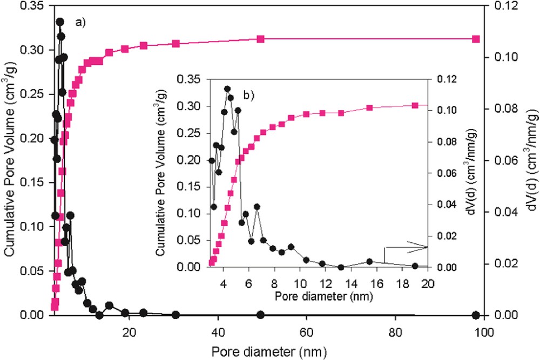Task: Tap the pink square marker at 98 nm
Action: (476, 39)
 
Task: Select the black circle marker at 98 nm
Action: (476, 315)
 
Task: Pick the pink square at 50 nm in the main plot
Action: (260, 39)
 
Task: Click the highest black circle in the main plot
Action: (60, 22)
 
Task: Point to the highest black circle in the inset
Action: (227, 89)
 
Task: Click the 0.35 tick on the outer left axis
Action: (36, 6)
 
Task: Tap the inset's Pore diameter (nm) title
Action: (313, 296)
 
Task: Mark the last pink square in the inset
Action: (415, 105)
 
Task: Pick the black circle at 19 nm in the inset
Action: (415, 266)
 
